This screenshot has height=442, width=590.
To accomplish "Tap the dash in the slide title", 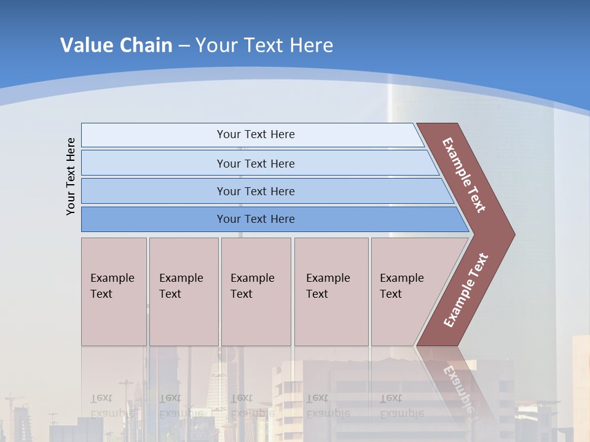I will coord(184,46).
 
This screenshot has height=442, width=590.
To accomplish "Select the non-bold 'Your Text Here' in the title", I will coord(264,45).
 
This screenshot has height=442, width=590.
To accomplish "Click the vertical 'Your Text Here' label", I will coord(71,176).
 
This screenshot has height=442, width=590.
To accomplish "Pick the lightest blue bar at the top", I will coord(255,134).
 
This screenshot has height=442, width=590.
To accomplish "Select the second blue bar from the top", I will coord(255,163).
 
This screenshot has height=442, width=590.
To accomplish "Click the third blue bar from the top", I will coord(255,191).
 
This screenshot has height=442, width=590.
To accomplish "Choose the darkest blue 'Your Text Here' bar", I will coord(255,219).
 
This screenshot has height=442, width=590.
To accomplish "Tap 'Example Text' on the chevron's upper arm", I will coord(464,175).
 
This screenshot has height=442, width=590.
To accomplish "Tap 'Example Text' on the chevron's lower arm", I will coord(466,290).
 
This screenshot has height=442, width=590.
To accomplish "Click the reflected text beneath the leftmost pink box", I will coord(112,405).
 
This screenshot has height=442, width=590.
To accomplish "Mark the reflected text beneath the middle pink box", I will coord(252,405).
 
